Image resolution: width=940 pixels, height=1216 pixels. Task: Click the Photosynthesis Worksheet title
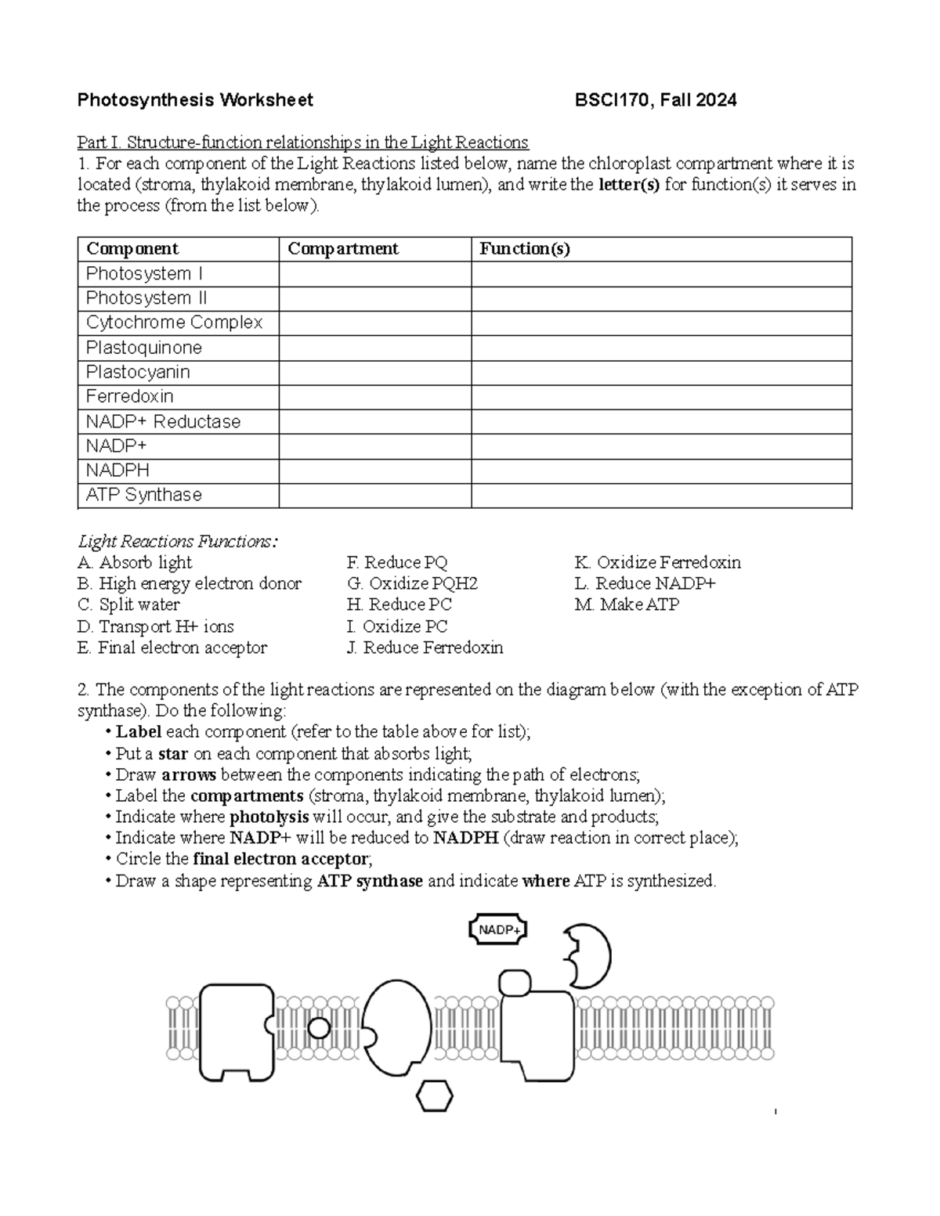click(195, 100)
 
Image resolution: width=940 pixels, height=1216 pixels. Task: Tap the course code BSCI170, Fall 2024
click(655, 100)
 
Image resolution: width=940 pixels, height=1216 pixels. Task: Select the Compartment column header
click(343, 249)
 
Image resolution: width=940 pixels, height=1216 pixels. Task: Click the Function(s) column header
click(525, 249)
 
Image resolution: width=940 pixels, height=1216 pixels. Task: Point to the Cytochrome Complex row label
click(174, 323)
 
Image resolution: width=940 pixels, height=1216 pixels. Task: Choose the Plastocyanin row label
click(138, 372)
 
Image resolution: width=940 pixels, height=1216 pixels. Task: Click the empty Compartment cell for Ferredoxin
click(374, 397)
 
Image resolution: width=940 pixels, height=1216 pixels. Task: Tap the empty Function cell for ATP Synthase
click(661, 496)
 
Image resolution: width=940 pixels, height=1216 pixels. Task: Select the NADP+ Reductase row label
click(163, 422)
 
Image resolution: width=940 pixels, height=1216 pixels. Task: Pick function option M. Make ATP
click(627, 605)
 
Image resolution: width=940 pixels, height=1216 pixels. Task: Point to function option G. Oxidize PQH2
click(412, 584)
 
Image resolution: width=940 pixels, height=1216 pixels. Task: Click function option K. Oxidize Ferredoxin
click(657, 563)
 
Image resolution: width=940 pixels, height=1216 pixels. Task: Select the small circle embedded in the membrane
click(319, 1027)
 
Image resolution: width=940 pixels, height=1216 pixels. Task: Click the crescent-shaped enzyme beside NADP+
click(589, 956)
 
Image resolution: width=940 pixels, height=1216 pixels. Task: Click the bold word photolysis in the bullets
click(269, 817)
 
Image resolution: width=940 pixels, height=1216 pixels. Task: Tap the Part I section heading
click(302, 143)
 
